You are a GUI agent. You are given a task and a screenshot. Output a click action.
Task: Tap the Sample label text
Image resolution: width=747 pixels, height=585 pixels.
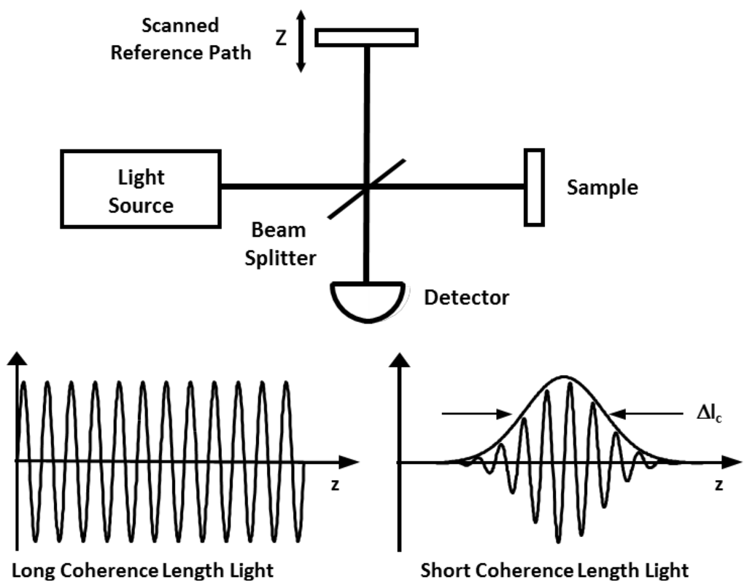tap(602, 188)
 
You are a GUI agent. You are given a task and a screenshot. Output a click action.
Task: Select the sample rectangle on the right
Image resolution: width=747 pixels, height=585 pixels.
tap(534, 187)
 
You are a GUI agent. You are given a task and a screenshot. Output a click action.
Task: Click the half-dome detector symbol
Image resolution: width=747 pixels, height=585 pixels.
tap(366, 299)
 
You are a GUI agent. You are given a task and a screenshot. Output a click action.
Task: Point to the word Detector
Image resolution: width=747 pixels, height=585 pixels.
tap(466, 297)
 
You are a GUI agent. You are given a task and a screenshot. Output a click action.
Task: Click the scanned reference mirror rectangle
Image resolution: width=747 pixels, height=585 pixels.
tap(367, 36)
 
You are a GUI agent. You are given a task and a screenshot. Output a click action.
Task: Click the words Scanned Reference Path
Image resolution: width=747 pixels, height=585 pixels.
tap(181, 39)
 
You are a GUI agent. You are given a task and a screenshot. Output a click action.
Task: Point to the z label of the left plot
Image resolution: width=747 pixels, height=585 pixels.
tap(335, 485)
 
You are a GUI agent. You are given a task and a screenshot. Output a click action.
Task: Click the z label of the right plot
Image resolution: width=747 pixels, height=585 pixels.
tap(719, 485)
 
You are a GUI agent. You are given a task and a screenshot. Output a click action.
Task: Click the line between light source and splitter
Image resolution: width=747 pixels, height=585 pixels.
tap(292, 187)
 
